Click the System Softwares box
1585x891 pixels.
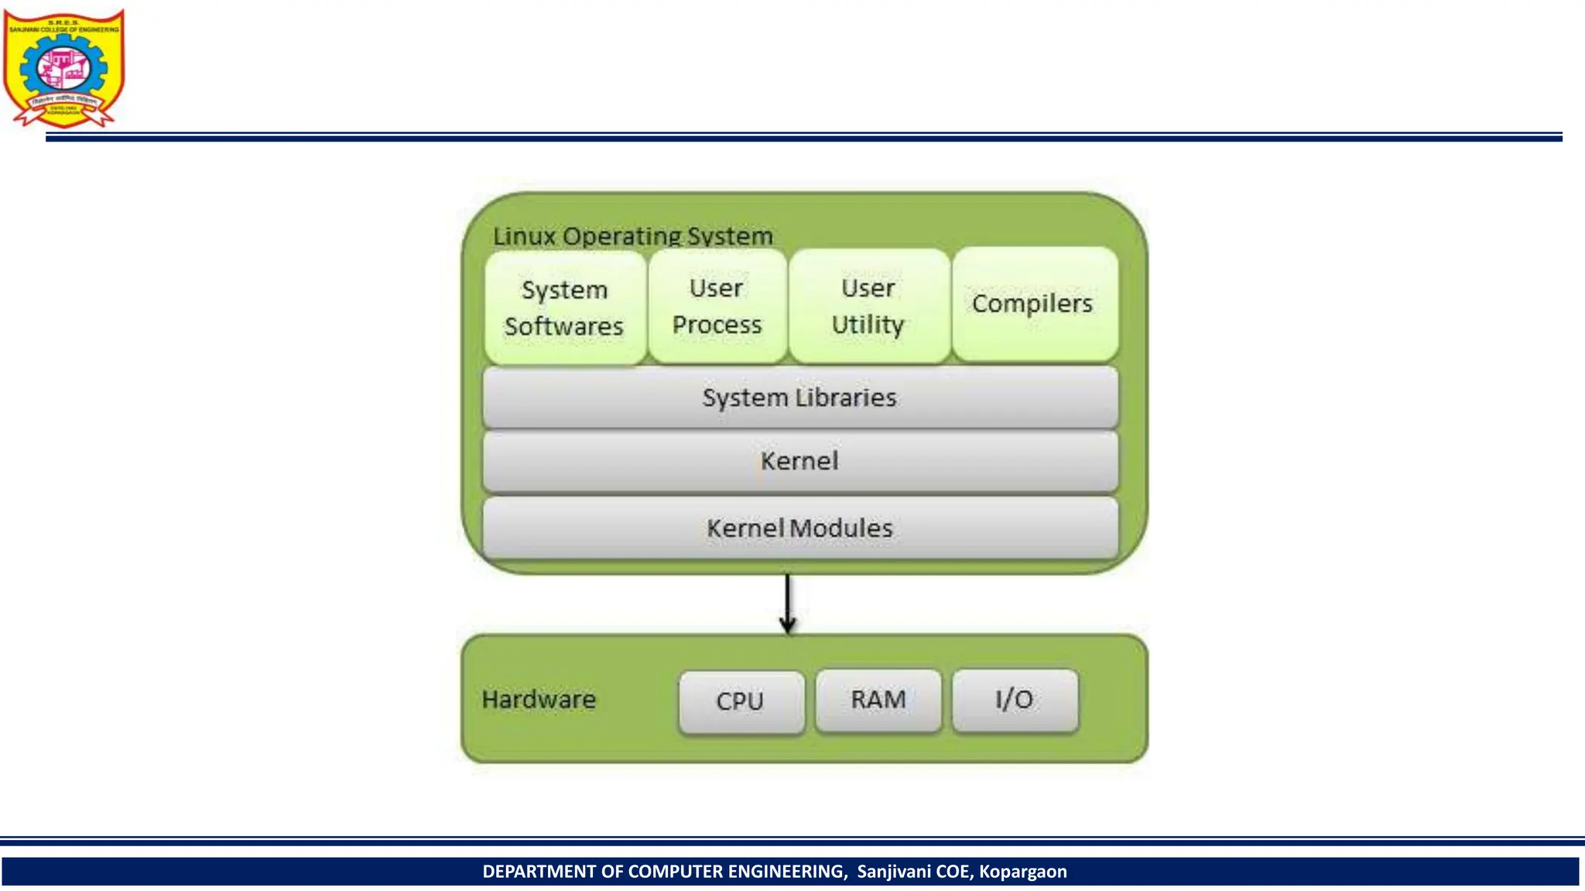(x=565, y=307)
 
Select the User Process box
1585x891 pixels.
(x=717, y=306)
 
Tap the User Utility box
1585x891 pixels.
(x=868, y=306)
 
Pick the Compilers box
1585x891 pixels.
(x=1034, y=304)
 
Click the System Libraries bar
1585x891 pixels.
(x=800, y=398)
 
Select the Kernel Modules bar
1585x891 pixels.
(x=800, y=528)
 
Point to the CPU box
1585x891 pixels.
(x=741, y=702)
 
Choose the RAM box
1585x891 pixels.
(x=878, y=700)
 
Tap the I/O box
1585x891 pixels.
(x=1015, y=700)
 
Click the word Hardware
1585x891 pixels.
(x=539, y=700)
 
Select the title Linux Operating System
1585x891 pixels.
(x=633, y=236)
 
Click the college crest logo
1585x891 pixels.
(x=63, y=68)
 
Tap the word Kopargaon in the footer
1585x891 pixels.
(x=1022, y=872)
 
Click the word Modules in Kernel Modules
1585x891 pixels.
(x=841, y=528)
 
